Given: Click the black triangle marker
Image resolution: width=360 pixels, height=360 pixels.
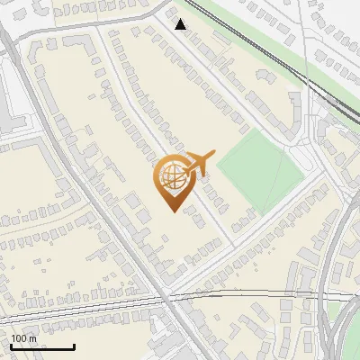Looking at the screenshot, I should pyautogui.click(x=181, y=24).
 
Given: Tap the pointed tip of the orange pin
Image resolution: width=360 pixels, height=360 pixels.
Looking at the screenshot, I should pyautogui.click(x=171, y=210).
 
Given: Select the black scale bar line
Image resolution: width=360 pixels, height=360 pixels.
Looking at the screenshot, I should pyautogui.click(x=42, y=346).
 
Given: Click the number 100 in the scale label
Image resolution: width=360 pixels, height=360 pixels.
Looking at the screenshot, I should pyautogui.click(x=20, y=338).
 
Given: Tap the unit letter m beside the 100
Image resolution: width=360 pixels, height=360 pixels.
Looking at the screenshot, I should pyautogui.click(x=32, y=339).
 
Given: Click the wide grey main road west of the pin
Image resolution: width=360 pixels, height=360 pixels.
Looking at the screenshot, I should pyautogui.click(x=99, y=207).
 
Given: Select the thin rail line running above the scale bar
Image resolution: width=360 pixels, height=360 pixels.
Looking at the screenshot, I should pyautogui.click(x=90, y=309).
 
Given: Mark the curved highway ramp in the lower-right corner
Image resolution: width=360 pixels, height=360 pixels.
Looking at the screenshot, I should pyautogui.click(x=335, y=297).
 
